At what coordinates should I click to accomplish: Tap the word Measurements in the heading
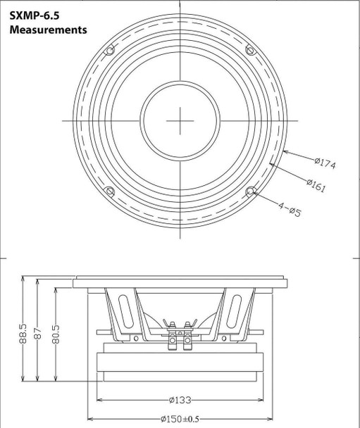tap(48, 30)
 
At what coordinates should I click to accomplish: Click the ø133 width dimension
tap(179, 401)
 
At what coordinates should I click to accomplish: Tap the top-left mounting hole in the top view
tap(109, 50)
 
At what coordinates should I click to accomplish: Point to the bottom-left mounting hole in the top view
tap(109, 191)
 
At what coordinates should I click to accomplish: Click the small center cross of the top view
tap(180, 120)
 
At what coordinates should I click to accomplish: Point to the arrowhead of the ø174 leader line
tap(284, 151)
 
